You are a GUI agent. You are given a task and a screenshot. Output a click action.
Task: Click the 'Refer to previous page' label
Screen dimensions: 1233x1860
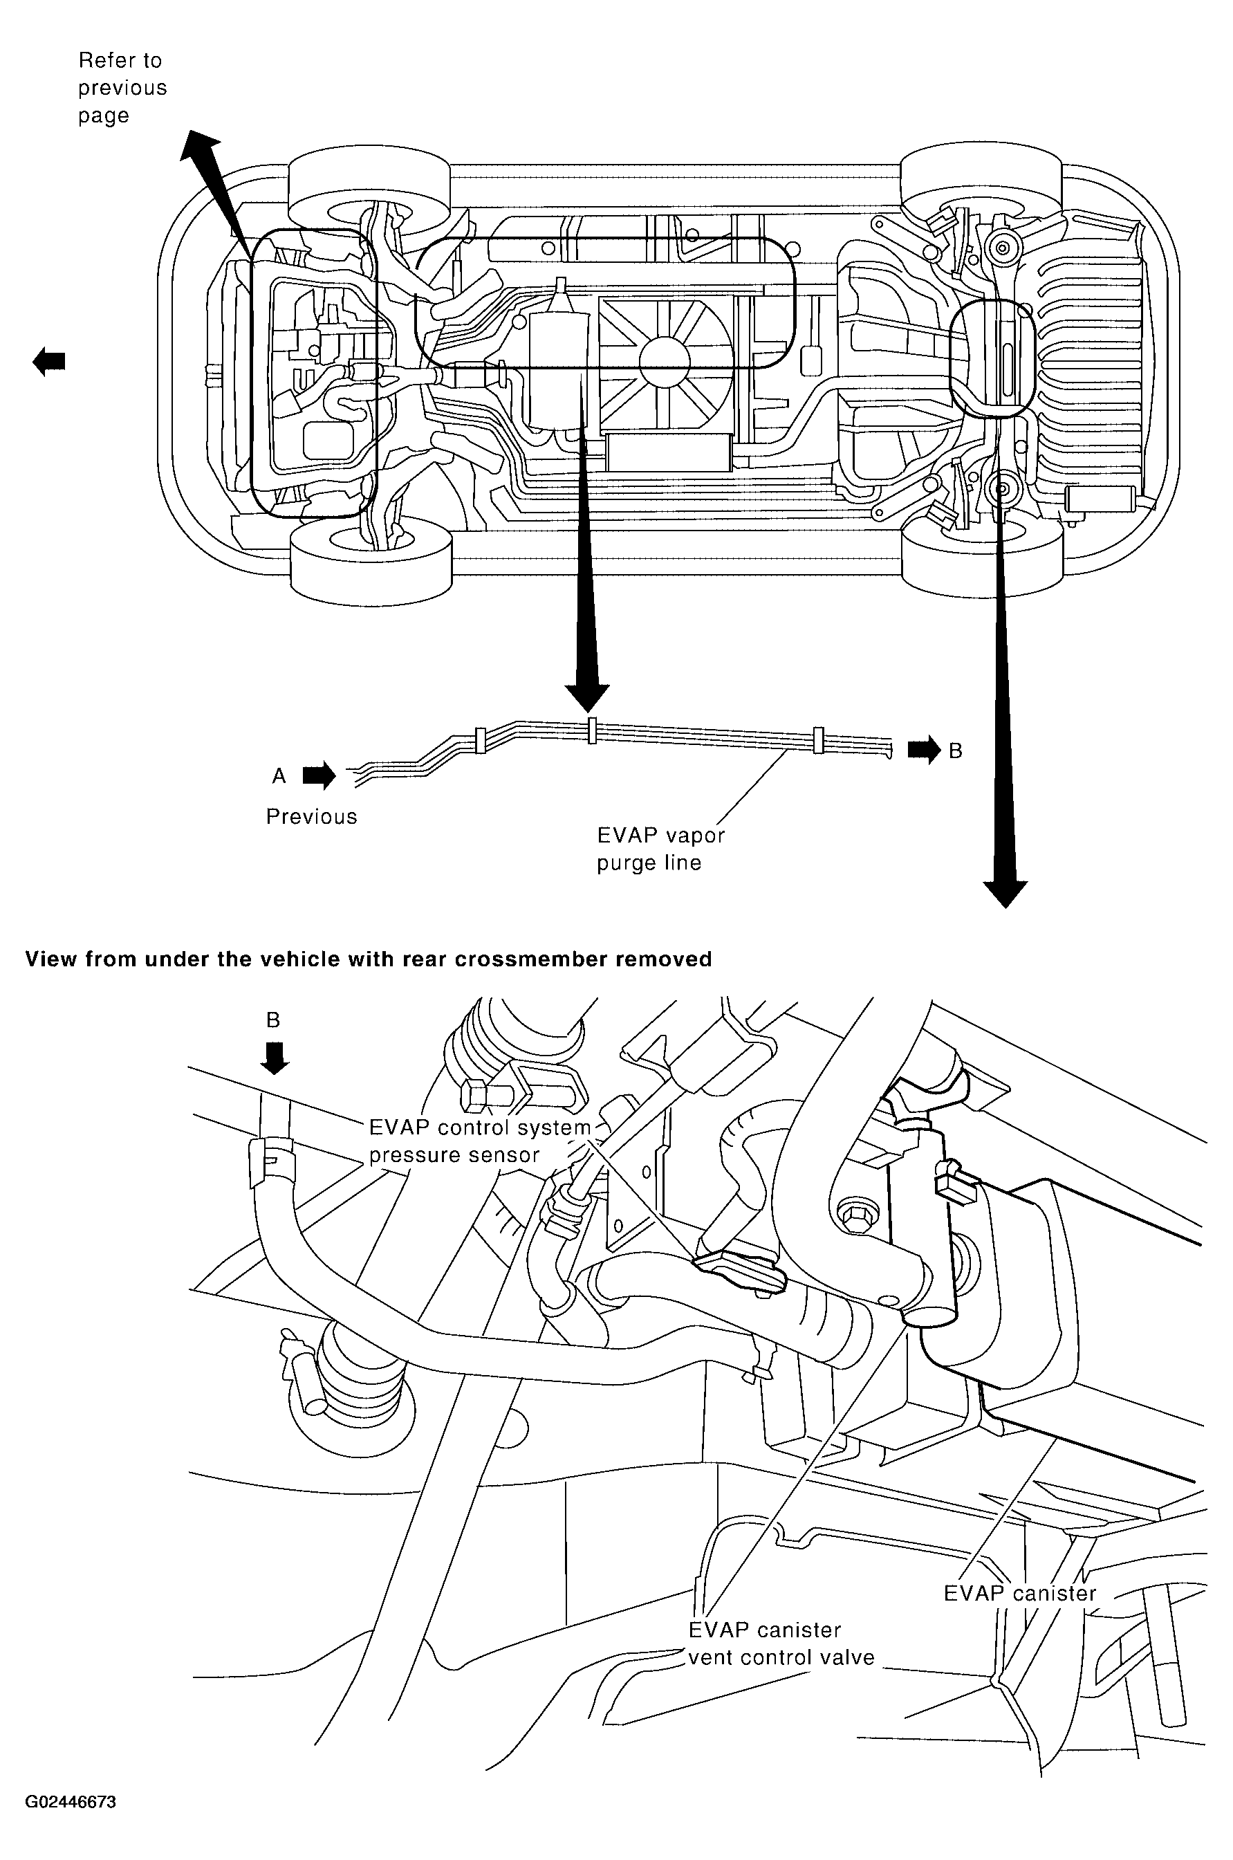[x=122, y=88]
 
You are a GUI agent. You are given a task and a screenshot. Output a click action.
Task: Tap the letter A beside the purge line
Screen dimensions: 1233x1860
[x=279, y=776]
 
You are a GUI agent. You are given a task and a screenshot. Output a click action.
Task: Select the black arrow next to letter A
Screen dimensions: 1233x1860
[x=319, y=776]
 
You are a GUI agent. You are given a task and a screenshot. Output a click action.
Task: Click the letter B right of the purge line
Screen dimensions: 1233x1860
[x=956, y=751]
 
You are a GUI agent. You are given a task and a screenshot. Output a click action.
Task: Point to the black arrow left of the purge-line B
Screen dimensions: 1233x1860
[x=924, y=751]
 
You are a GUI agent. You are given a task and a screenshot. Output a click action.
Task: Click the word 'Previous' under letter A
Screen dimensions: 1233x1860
[x=311, y=817]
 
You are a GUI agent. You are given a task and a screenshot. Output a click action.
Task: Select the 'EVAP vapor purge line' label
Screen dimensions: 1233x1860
[x=660, y=849]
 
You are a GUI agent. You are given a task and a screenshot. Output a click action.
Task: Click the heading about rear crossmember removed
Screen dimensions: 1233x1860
[x=369, y=959]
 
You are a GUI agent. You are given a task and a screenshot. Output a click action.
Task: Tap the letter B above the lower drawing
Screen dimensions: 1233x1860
[x=273, y=1020]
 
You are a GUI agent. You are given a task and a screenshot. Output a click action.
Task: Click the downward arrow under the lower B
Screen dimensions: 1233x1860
[x=275, y=1058]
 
